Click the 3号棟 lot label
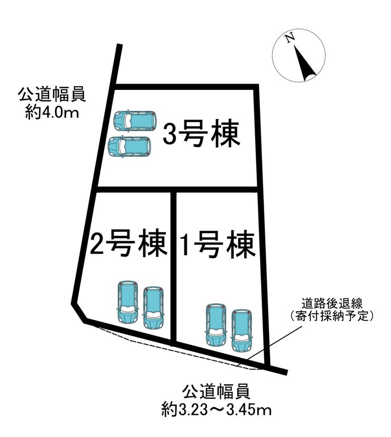coord(201,134)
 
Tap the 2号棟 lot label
coord(128,243)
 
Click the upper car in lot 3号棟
coord(135,120)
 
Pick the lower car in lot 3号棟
coord(129,147)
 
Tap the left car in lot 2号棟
coord(128,302)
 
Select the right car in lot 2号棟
coord(153,307)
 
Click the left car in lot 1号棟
coord(216,324)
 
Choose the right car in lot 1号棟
coord(241,330)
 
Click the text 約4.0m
coord(52,113)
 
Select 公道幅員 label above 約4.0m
coord(52,95)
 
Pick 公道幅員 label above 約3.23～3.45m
coord(216,392)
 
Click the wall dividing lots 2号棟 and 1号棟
coord(173,267)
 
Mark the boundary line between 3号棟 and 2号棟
coord(178,189)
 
